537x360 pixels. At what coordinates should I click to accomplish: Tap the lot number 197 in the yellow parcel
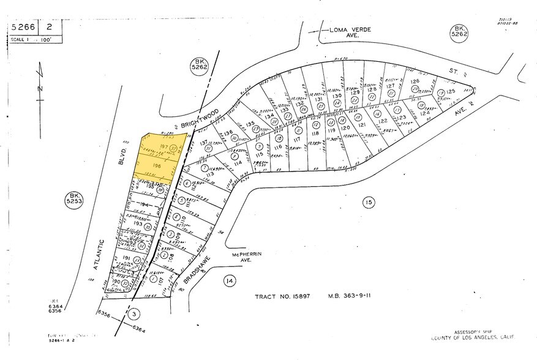pos(163,147)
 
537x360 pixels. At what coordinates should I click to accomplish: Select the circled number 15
pos(367,202)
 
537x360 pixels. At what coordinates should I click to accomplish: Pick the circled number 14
pos(229,281)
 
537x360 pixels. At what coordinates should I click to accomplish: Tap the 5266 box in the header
pos(23,28)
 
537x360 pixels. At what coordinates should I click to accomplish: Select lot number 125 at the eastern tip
pos(452,92)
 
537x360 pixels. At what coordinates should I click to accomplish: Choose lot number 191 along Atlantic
pos(127,260)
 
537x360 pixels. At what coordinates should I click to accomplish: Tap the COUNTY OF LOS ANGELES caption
pos(471,339)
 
